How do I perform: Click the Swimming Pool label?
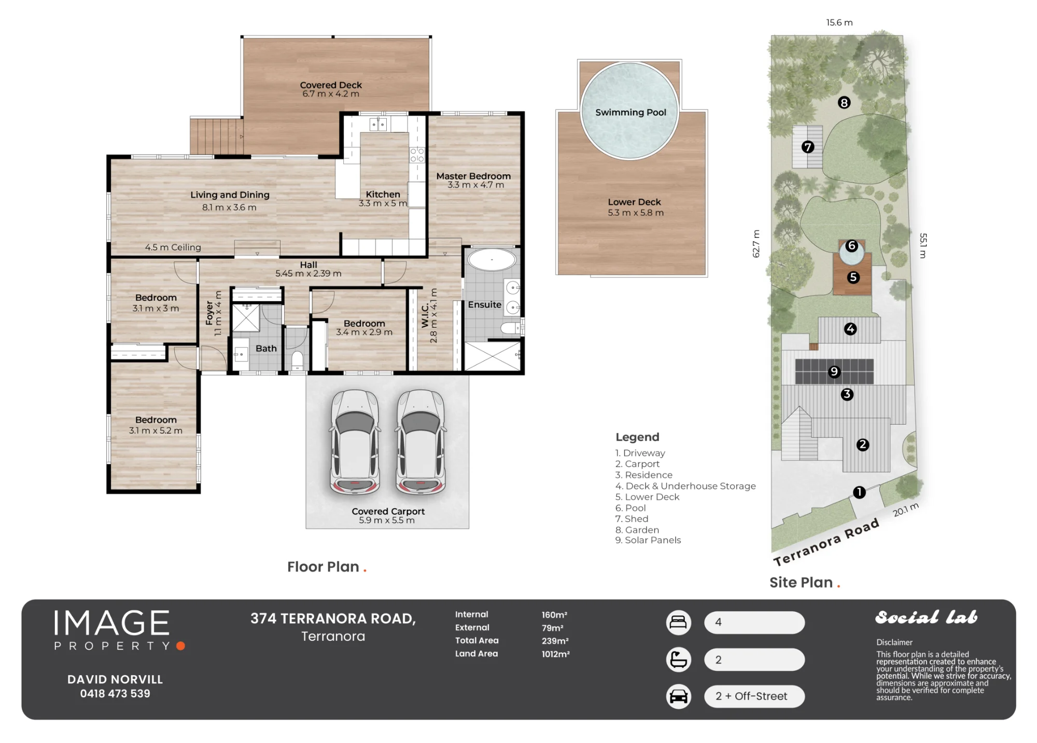pyautogui.click(x=630, y=113)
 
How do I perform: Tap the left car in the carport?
pyautogui.click(x=355, y=442)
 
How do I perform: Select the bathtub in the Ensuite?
pyautogui.click(x=492, y=260)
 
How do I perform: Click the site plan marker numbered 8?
pyautogui.click(x=844, y=103)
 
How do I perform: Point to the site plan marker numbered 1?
pyautogui.click(x=859, y=492)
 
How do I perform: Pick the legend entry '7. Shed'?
pyautogui.click(x=632, y=518)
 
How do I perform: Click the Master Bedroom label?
pyautogui.click(x=473, y=176)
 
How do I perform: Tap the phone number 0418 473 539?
pyautogui.click(x=115, y=694)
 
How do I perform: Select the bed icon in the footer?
pyautogui.click(x=678, y=622)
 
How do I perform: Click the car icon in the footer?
pyautogui.click(x=678, y=696)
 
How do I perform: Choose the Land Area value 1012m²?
pyautogui.click(x=556, y=654)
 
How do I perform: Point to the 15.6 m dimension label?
pyautogui.click(x=839, y=22)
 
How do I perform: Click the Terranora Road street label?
pyautogui.click(x=826, y=542)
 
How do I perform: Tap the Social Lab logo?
pyautogui.click(x=927, y=617)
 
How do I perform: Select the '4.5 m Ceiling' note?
pyautogui.click(x=173, y=247)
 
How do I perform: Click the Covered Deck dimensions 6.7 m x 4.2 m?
pyautogui.click(x=331, y=94)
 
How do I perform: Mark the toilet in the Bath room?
pyautogui.click(x=297, y=360)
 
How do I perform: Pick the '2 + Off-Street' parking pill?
pyautogui.click(x=754, y=696)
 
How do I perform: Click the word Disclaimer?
pyautogui.click(x=894, y=642)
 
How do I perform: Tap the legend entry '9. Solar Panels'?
pyautogui.click(x=648, y=540)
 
